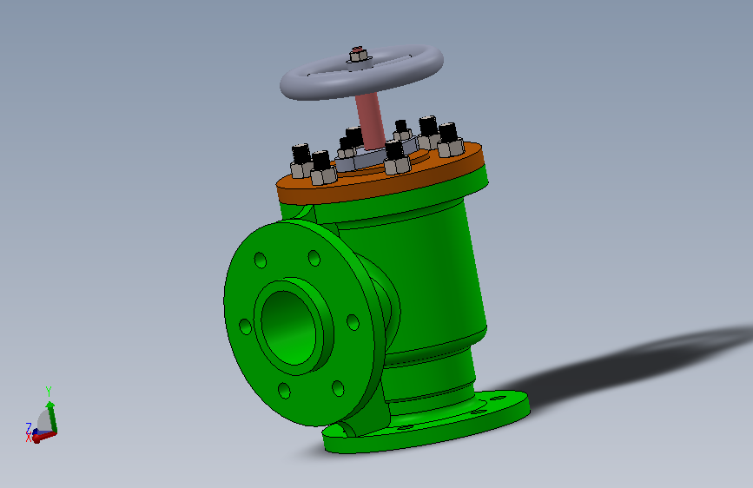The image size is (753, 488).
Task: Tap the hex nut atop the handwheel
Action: pos(357,56)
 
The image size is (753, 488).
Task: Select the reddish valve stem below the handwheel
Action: pos(370,120)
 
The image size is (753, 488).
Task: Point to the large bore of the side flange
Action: pos(287,327)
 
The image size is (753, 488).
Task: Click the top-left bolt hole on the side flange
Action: pos(261,260)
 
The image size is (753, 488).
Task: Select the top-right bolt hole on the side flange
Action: pos(314,258)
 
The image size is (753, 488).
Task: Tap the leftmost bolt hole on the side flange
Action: pos(245,326)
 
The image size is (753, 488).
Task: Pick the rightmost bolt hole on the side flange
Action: pos(353,322)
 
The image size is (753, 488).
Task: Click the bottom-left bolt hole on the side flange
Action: pos(284,391)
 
